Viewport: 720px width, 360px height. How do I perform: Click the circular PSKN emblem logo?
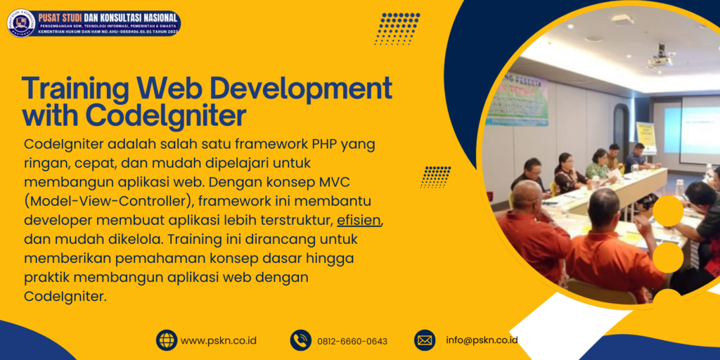pos(21,22)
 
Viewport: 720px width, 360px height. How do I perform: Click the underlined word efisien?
pos(359,219)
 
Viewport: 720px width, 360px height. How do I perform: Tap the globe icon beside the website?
pos(167,340)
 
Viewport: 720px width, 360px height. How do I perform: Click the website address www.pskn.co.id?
pos(219,341)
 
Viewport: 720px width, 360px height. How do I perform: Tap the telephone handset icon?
pos(301,340)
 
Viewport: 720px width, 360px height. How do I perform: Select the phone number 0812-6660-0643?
pos(352,342)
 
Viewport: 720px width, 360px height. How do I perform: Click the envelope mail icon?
pos(425,340)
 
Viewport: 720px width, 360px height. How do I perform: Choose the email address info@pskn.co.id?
pos(482,340)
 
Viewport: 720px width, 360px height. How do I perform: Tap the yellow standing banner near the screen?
pos(645,137)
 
